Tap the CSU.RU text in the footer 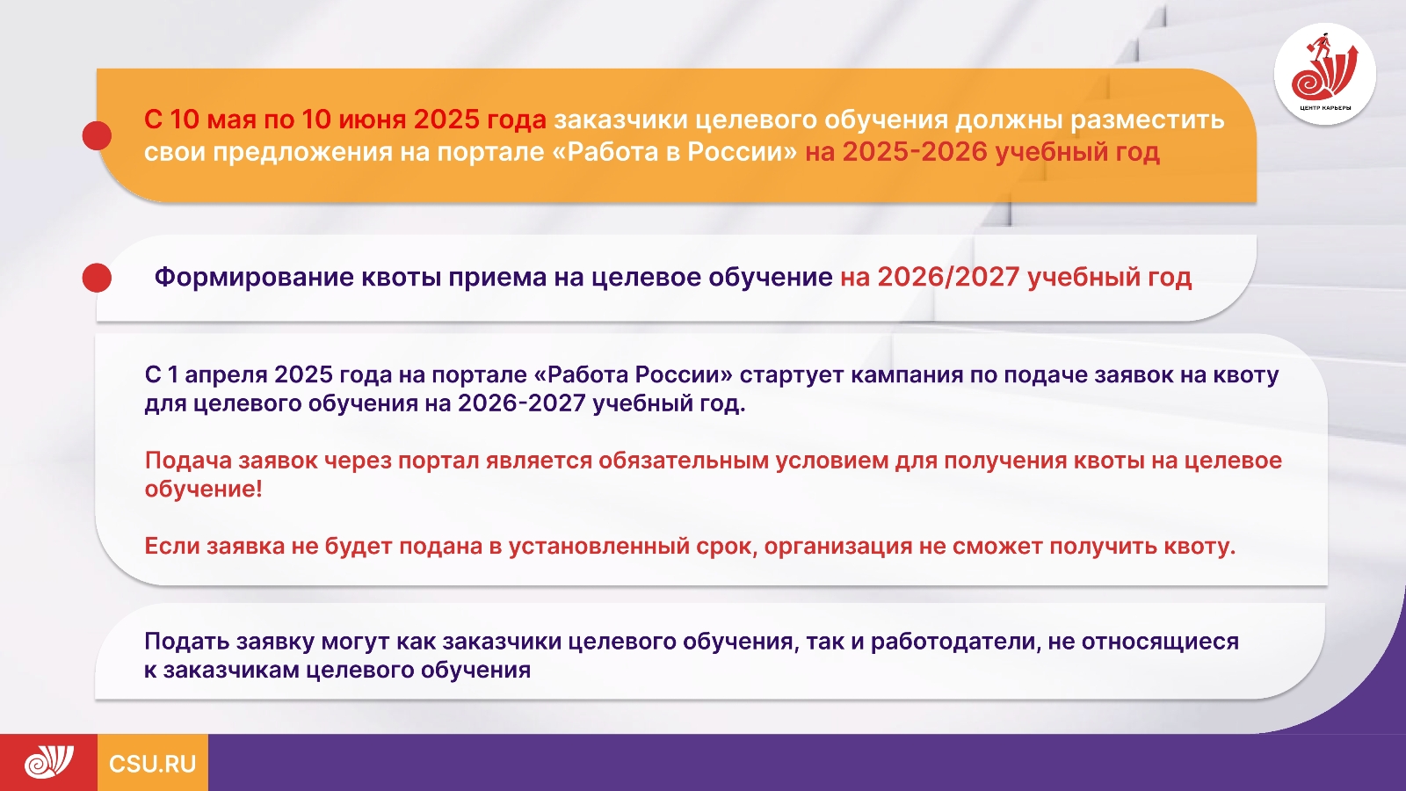pos(153,764)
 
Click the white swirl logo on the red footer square pos(49,762)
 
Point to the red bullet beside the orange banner pos(97,135)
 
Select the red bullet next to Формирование pos(97,278)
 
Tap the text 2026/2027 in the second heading pos(948,277)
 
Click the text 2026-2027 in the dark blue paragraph pos(522,403)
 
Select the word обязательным pos(684,461)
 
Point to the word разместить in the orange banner pos(1148,120)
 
